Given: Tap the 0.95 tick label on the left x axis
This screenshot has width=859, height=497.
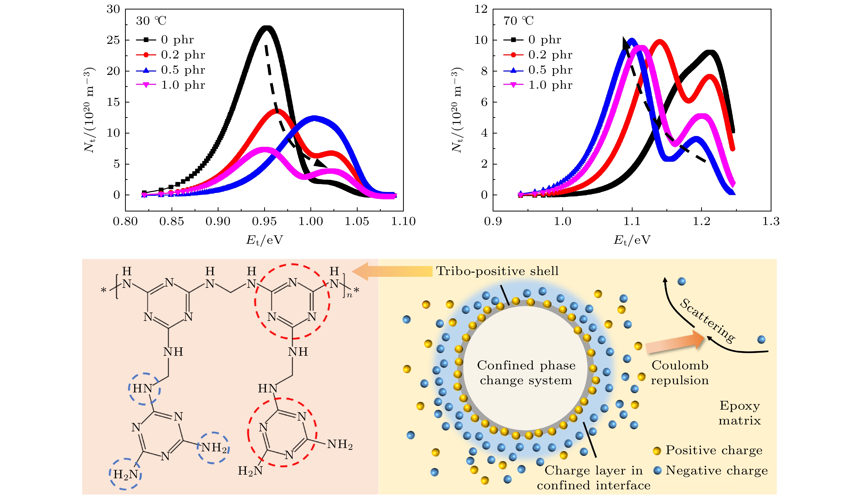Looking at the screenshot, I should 264,222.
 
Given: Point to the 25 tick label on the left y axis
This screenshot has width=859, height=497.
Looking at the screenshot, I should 113,40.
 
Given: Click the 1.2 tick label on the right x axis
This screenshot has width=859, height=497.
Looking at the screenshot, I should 702,222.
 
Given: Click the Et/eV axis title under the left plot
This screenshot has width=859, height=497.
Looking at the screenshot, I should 264,240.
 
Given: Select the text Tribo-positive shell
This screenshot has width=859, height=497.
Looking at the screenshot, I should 497,271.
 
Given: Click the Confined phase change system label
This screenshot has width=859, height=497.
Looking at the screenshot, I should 526,372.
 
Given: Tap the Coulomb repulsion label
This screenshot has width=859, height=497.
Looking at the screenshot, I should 680,372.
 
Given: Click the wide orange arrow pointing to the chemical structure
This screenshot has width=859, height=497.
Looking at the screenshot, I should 392,271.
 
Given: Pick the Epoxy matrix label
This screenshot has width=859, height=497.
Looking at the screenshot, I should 740,413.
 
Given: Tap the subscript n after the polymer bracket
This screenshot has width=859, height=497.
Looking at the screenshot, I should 349,295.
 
